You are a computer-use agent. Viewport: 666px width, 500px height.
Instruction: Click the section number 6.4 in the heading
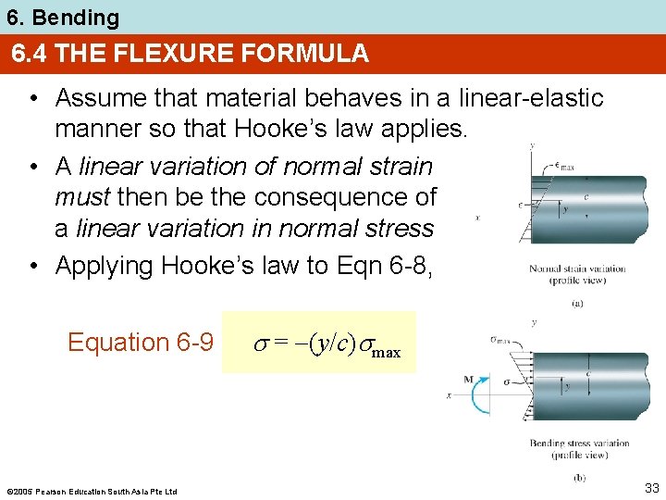point(31,54)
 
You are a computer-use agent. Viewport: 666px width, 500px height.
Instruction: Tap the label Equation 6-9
point(141,343)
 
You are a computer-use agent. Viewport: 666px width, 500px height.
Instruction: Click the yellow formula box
point(319,343)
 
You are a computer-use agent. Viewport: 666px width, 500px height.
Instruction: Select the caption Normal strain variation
point(576,269)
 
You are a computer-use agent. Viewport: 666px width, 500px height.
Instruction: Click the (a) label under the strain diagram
point(576,302)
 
